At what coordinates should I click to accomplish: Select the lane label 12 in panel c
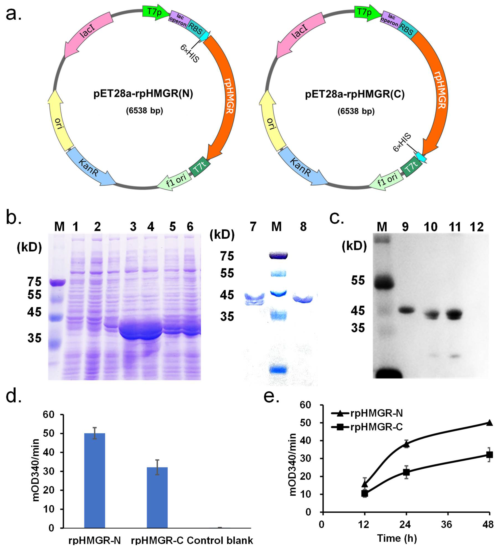477,227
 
